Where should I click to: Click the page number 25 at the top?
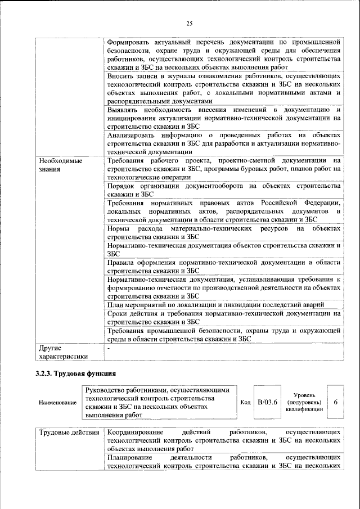(x=190, y=23)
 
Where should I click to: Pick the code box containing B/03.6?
(x=268, y=403)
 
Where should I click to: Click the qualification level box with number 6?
(x=336, y=403)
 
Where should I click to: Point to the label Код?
(x=245, y=403)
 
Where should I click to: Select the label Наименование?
(x=58, y=403)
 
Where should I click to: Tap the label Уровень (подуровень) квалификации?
(x=304, y=403)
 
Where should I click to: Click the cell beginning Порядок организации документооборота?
(x=223, y=190)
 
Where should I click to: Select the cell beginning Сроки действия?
(x=223, y=318)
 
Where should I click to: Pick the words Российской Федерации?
(x=312, y=202)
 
